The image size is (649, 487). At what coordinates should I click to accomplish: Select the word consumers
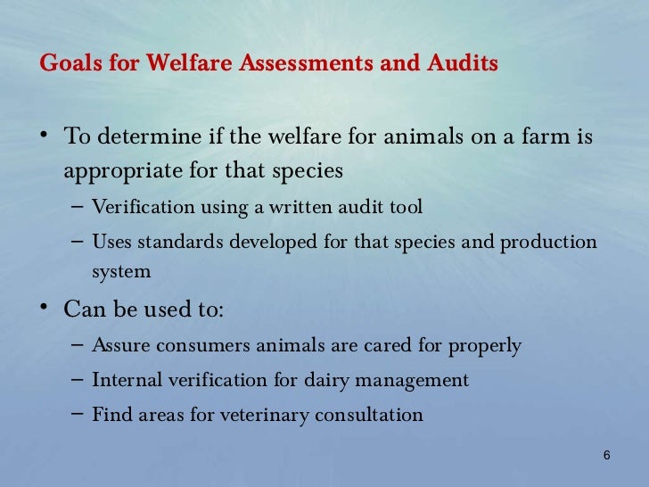[x=201, y=345]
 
